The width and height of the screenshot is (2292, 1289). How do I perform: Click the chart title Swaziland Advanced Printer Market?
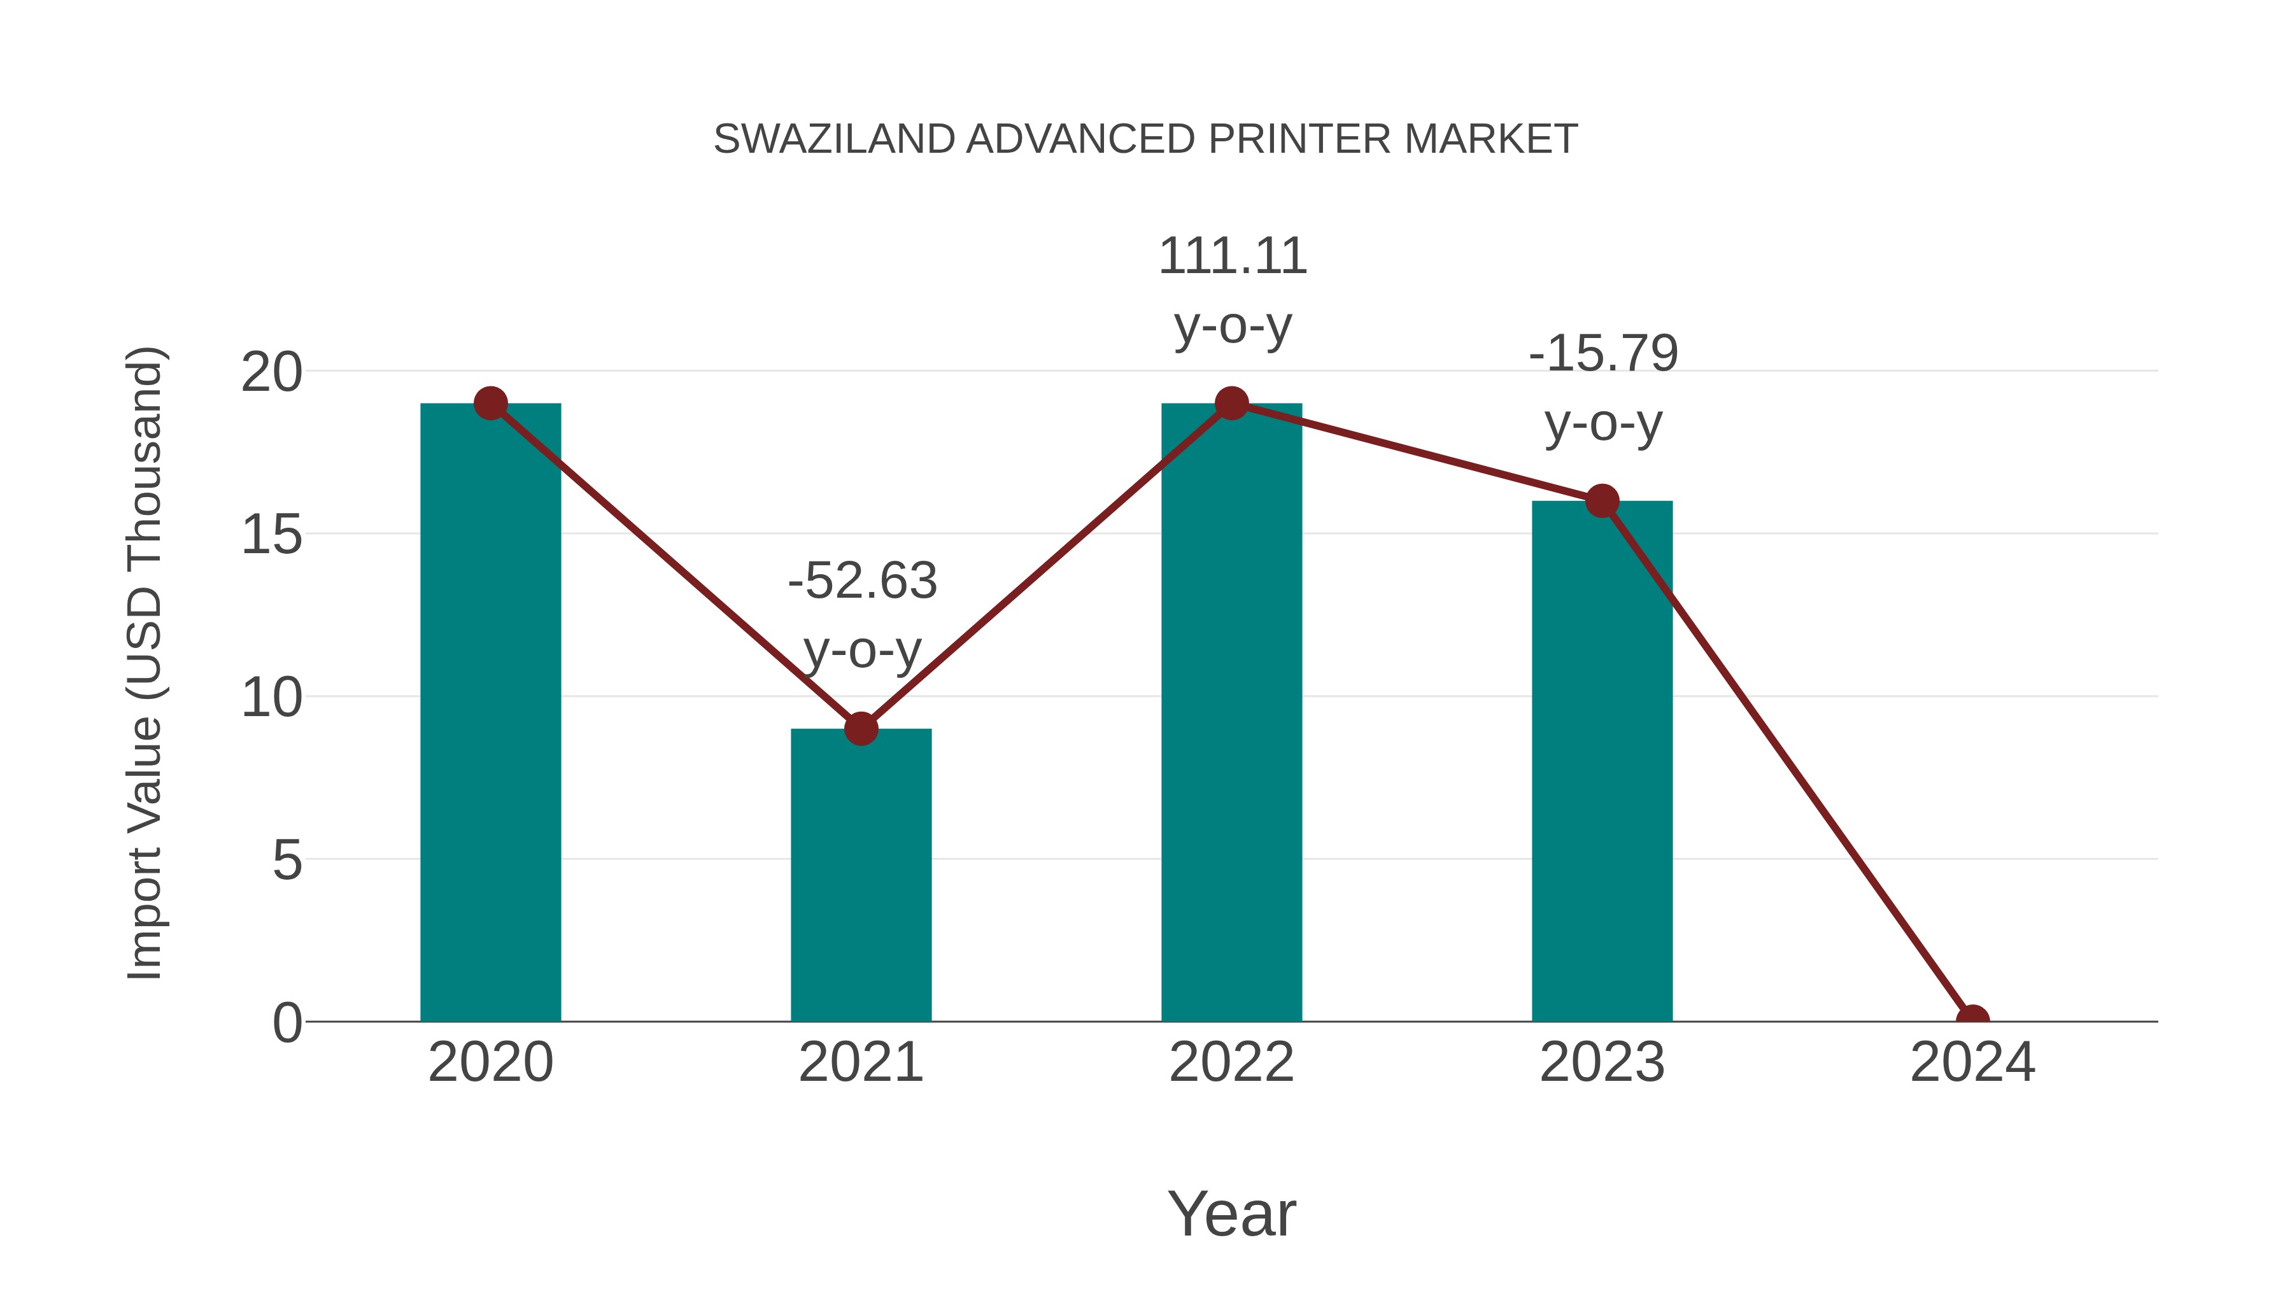pyautogui.click(x=1145, y=139)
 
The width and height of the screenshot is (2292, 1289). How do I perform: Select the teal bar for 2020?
pyautogui.click(x=490, y=712)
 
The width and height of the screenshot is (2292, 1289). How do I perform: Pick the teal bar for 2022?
pyautogui.click(x=1231, y=712)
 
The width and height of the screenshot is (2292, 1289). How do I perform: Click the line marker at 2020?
pyautogui.click(x=490, y=404)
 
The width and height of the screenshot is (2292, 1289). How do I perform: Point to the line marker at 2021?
pyautogui.click(x=860, y=729)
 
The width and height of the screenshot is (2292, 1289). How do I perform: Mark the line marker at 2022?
pyautogui.click(x=1231, y=404)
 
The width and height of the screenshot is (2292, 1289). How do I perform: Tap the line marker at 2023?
pyautogui.click(x=1602, y=501)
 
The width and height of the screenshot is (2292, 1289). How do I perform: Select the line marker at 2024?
pyautogui.click(x=1972, y=1020)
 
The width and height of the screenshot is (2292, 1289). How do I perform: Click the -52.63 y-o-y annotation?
pyautogui.click(x=862, y=615)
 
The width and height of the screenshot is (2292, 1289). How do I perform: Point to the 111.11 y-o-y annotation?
pyautogui.click(x=1233, y=291)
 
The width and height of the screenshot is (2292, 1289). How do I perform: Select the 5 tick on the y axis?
pyautogui.click(x=286, y=860)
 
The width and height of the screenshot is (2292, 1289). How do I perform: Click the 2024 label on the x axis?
pyautogui.click(x=1972, y=1062)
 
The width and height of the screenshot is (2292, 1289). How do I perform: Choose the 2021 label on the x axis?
pyautogui.click(x=860, y=1062)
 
